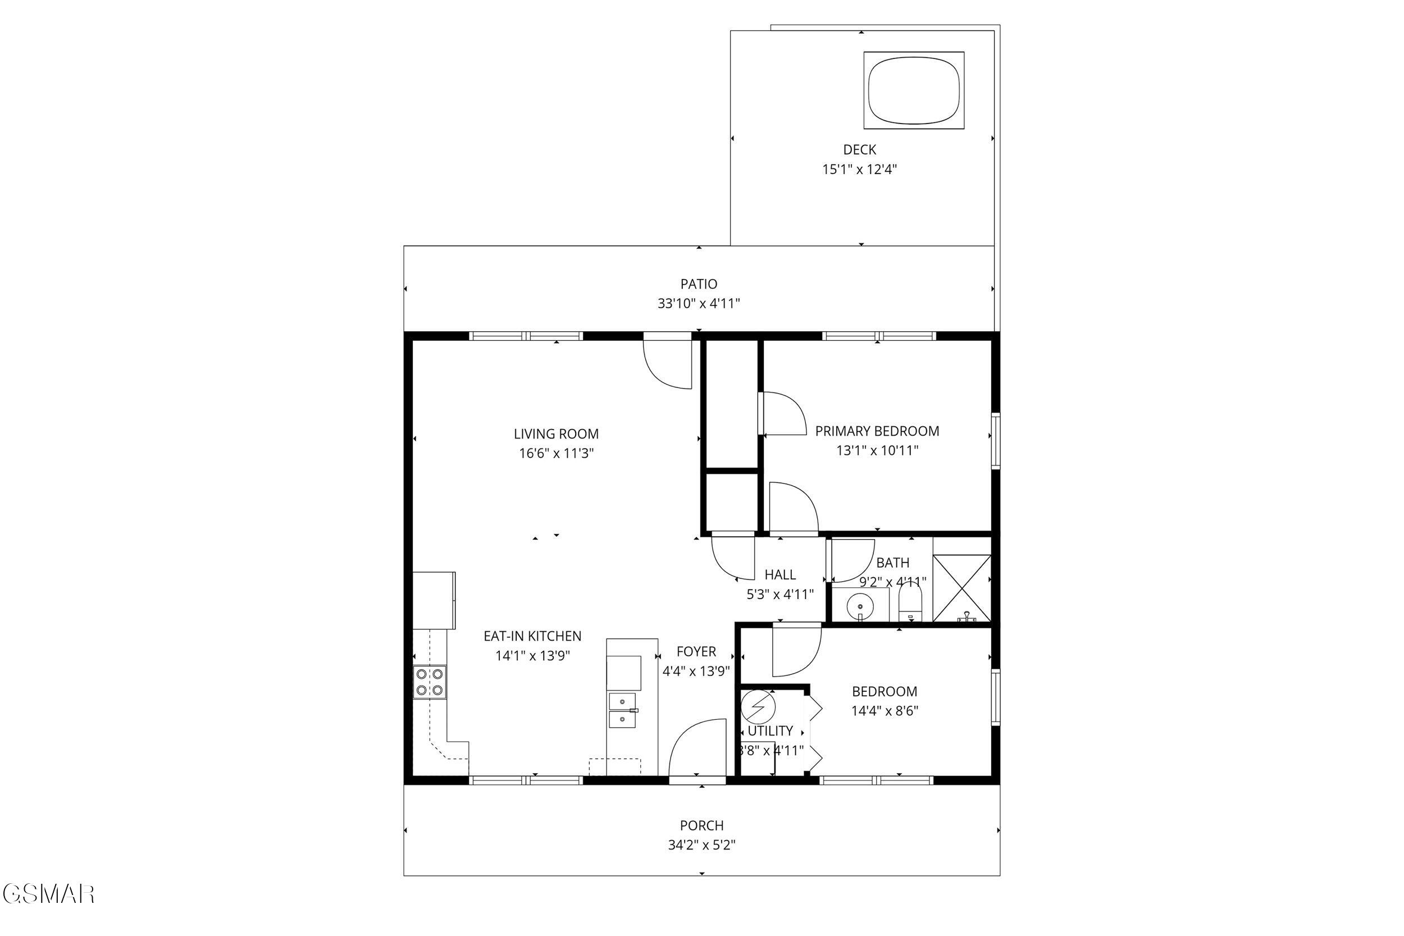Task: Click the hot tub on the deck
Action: pos(914,90)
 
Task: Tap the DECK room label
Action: pos(860,150)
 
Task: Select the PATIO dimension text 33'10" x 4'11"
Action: pos(699,304)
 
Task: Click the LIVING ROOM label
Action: pos(556,434)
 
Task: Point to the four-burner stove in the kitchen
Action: pos(430,682)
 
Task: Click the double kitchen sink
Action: pos(622,710)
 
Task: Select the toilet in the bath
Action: pos(910,603)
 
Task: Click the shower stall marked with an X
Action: pos(961,588)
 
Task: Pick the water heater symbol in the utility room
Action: pos(758,707)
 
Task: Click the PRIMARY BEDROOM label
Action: pos(877,431)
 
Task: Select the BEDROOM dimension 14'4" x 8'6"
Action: pos(884,711)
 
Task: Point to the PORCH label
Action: pos(701,825)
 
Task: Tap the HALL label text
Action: pos(780,575)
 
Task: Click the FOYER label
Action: pos(696,652)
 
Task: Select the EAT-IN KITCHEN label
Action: pos(532,636)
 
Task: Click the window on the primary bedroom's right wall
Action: pos(995,441)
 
